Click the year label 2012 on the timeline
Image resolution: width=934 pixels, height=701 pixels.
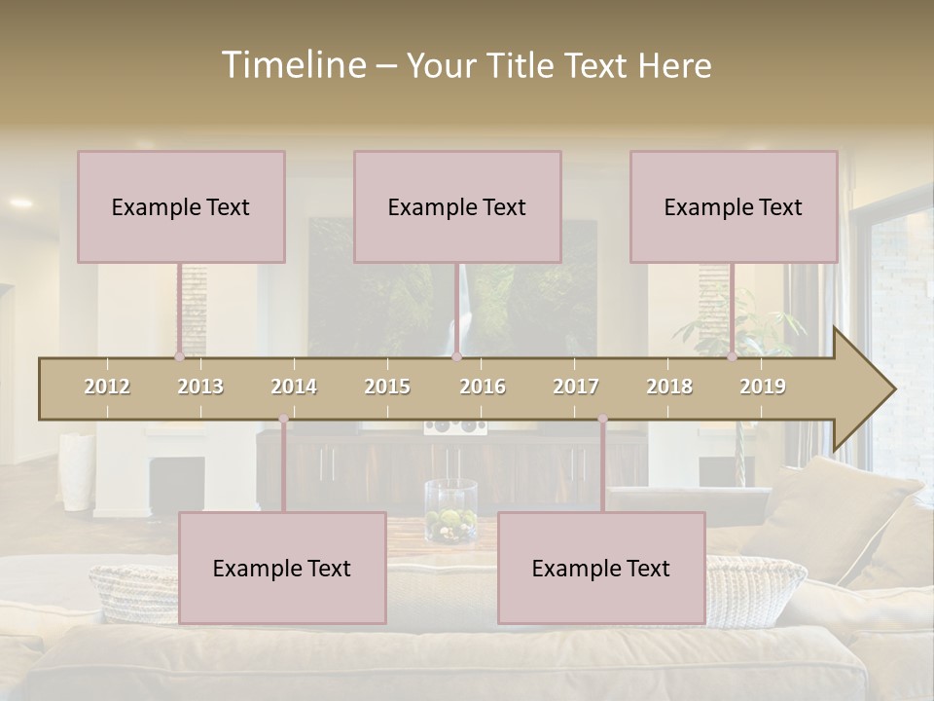point(107,387)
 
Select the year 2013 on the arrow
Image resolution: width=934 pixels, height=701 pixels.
point(200,387)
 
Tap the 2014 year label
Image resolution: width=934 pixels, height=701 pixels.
point(294,387)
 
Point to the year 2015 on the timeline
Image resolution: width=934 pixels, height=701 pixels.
point(387,387)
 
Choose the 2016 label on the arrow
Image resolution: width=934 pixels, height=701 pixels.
point(483,387)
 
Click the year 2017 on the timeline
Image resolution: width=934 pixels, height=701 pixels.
point(576,387)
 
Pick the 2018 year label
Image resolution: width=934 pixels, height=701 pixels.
point(669,387)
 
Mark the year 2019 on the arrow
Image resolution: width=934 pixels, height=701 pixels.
point(763,387)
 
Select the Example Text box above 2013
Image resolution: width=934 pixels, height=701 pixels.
point(181,207)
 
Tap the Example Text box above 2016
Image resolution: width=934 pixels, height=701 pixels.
point(457,207)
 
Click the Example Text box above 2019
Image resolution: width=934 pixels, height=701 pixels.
point(734,207)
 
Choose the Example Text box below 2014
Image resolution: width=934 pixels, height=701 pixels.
point(282,569)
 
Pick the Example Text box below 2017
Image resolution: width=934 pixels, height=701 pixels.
point(601,569)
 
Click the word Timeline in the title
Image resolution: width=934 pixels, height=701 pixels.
point(292,65)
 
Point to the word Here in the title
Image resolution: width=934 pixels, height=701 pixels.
point(675,66)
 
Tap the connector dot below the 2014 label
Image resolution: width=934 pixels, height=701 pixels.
point(283,419)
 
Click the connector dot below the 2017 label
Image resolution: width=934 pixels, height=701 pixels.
point(602,419)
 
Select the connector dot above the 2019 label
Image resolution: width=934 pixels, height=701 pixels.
point(733,356)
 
